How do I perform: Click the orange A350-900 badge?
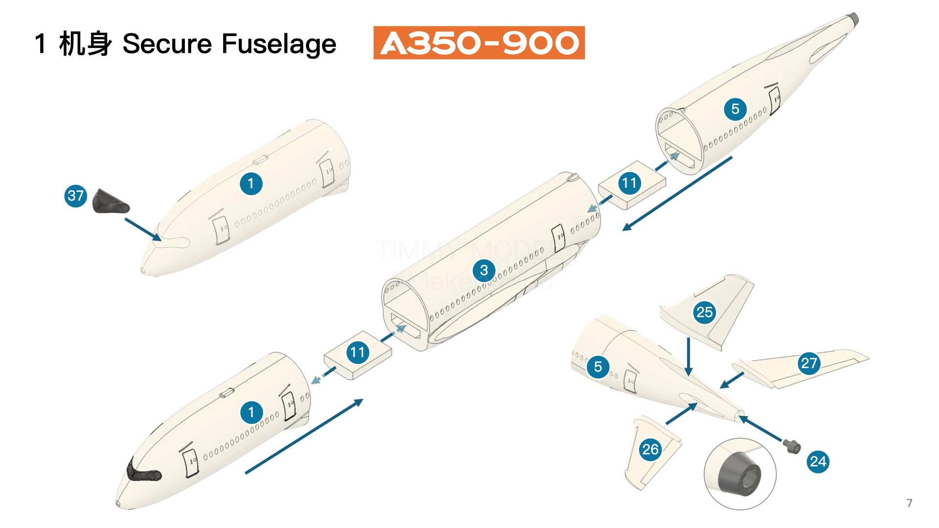479,43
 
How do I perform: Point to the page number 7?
909,503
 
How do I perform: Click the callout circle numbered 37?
75,196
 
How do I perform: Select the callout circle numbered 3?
484,270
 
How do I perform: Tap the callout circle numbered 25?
704,312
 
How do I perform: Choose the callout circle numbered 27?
809,363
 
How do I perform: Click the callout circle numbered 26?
650,449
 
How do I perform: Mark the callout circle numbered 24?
818,462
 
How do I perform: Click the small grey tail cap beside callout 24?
792,446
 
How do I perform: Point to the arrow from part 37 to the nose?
143,229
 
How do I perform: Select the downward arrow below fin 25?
689,357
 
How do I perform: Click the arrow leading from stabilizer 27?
732,380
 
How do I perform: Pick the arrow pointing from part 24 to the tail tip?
761,429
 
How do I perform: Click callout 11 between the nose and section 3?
358,352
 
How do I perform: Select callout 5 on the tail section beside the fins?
598,367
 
